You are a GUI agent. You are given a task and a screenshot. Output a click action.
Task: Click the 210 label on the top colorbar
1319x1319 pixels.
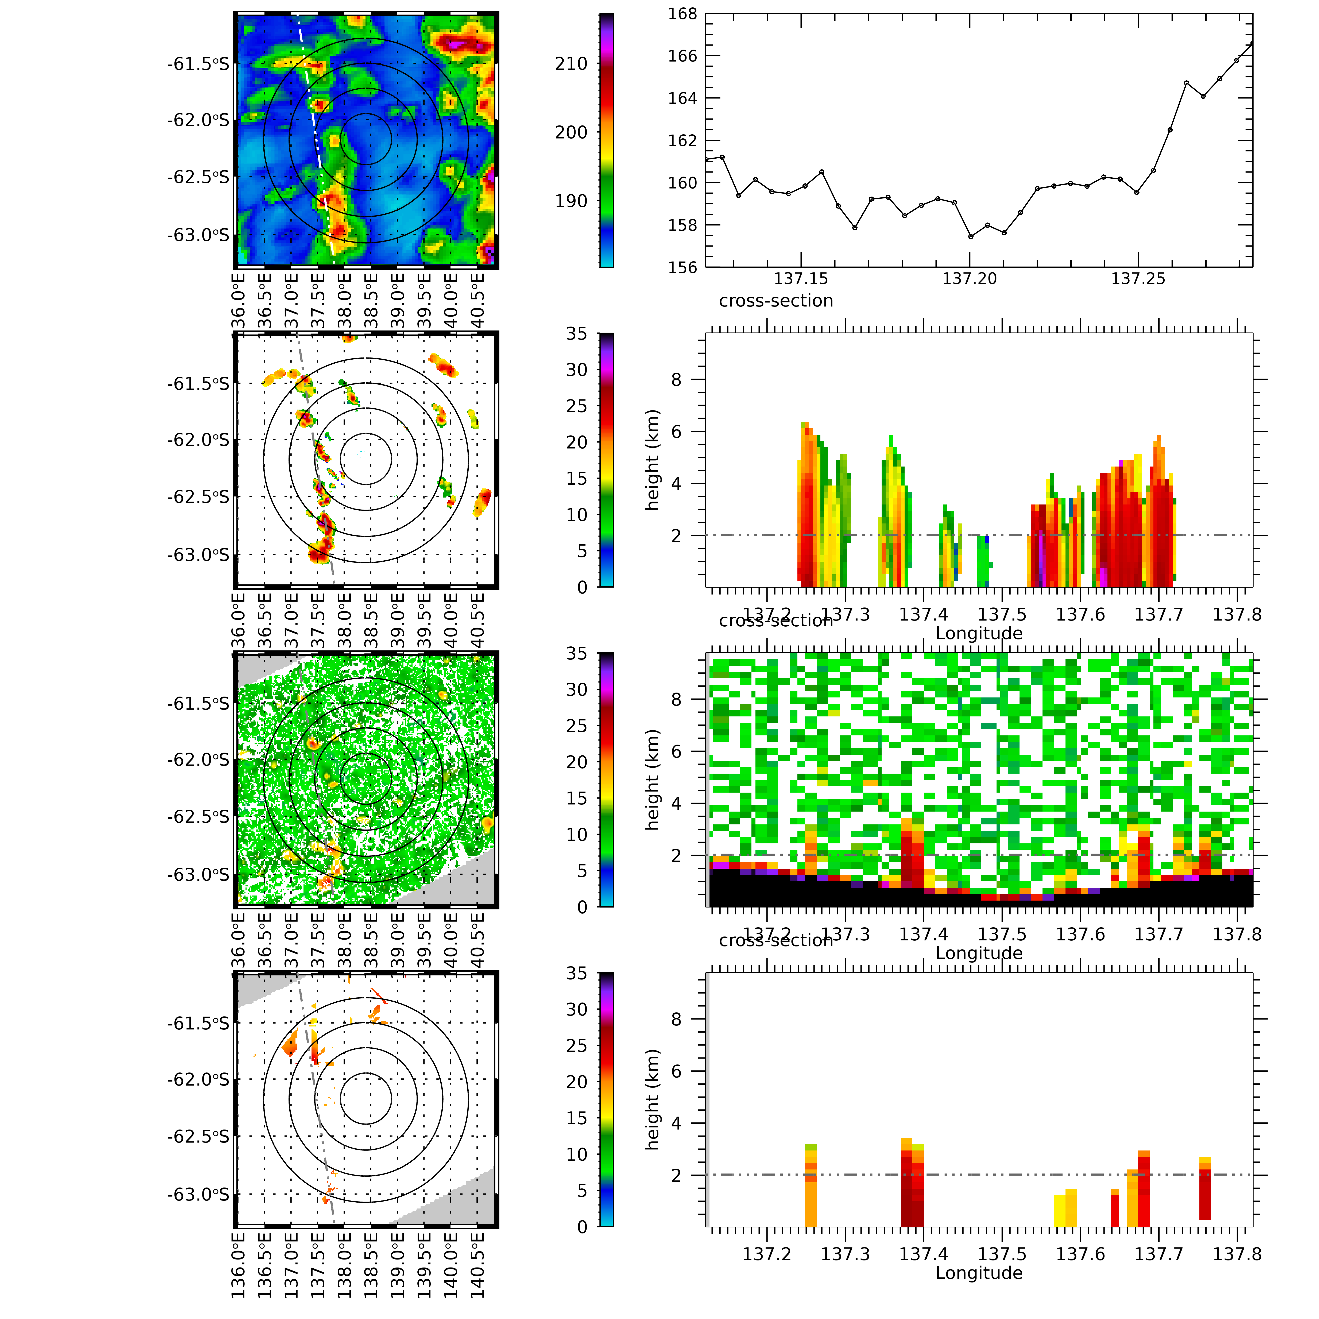coord(571,64)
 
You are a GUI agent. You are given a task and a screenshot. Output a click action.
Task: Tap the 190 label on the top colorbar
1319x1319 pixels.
coord(571,201)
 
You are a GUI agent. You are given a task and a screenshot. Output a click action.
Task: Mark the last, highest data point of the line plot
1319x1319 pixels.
coord(1252,44)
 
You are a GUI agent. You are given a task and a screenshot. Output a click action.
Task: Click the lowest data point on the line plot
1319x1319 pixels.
coord(970,236)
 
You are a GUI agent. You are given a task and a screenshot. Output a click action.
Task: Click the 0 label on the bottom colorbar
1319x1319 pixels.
coord(582,1227)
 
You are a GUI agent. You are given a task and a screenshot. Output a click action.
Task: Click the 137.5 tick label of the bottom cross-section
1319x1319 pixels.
coord(1002,1254)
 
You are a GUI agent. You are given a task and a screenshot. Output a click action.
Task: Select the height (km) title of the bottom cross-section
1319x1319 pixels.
coord(653,1099)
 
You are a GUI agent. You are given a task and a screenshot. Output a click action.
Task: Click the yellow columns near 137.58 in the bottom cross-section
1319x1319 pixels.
coord(1065,1208)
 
